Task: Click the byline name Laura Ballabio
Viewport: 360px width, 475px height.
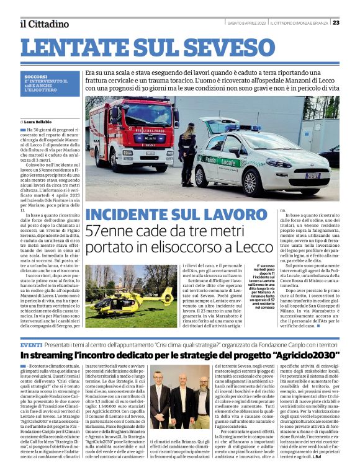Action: coord(38,121)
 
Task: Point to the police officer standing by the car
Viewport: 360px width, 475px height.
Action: coord(187,155)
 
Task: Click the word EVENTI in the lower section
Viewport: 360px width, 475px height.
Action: coord(31,344)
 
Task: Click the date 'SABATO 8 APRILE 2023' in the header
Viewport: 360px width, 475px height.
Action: coord(246,23)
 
